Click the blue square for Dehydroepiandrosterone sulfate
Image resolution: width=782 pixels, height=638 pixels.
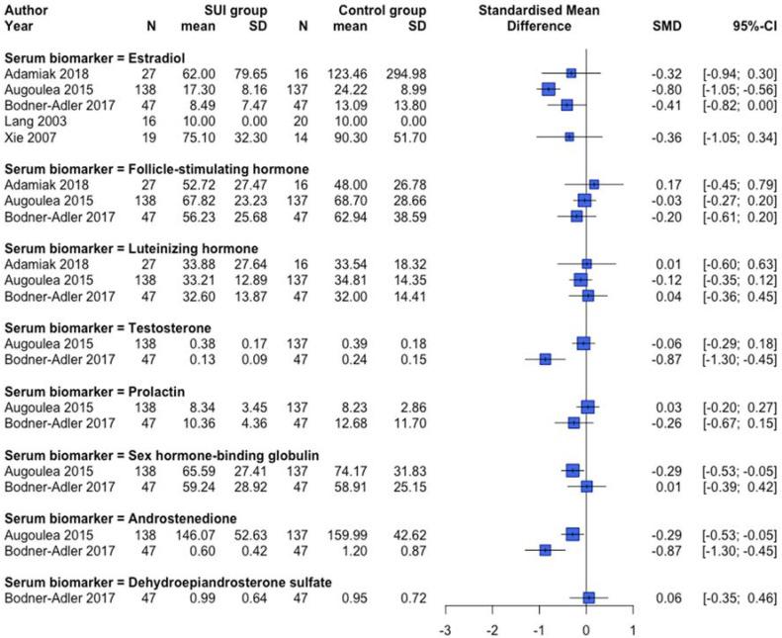(589, 597)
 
